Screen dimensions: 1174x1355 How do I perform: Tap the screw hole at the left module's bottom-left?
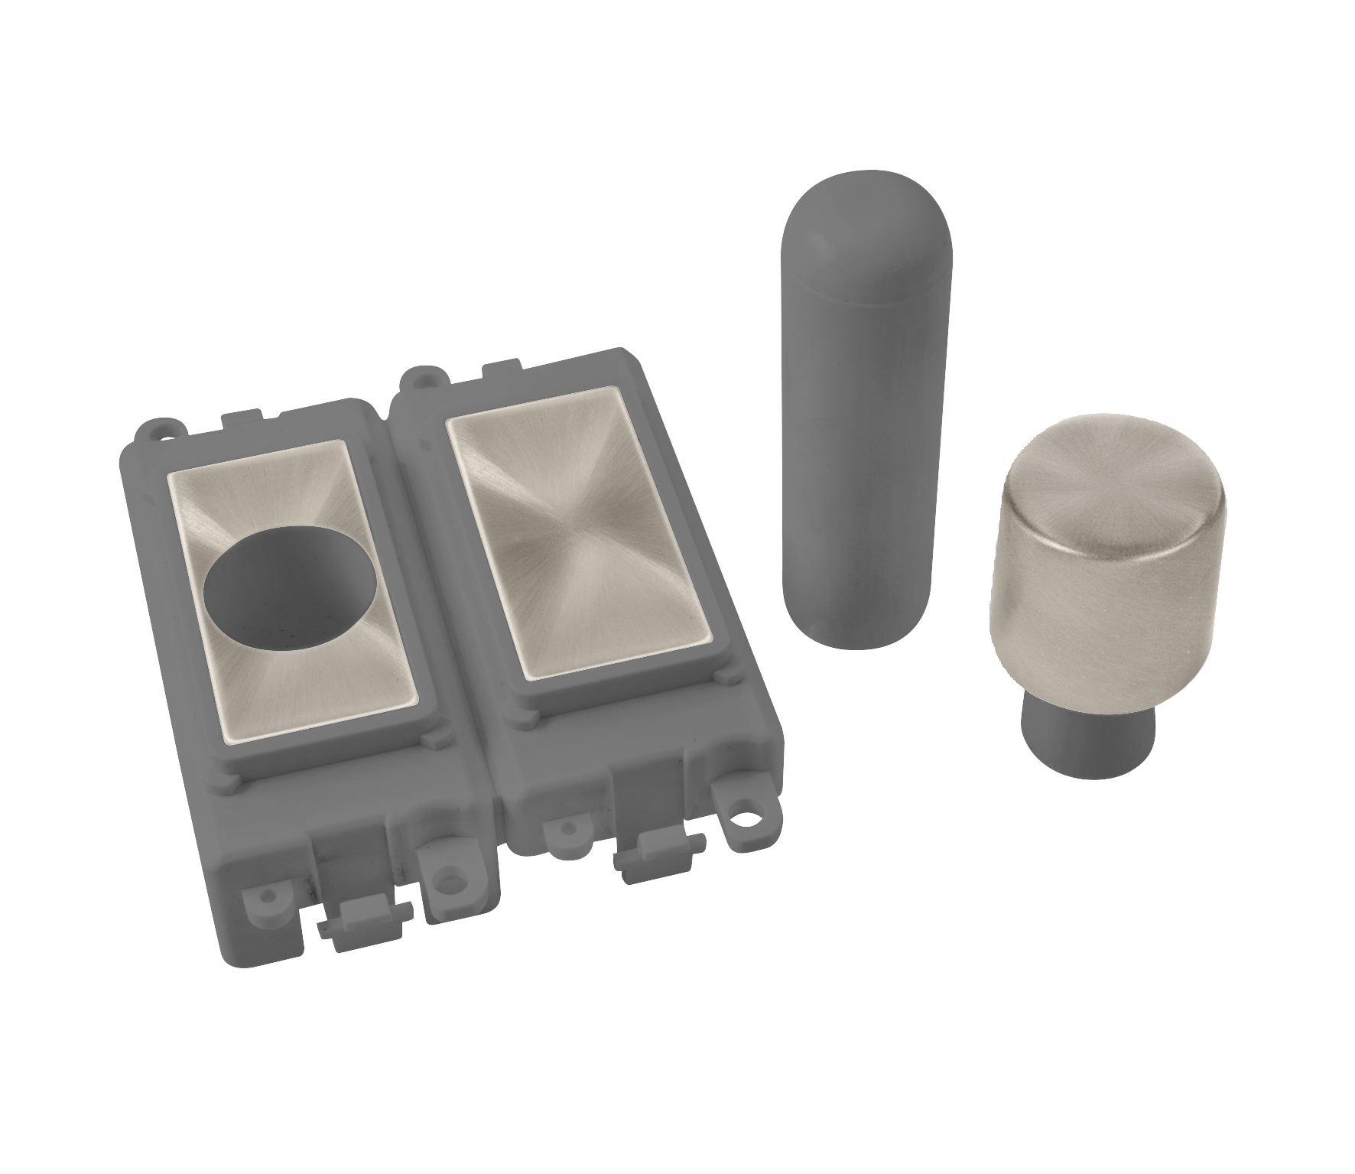click(x=271, y=895)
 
